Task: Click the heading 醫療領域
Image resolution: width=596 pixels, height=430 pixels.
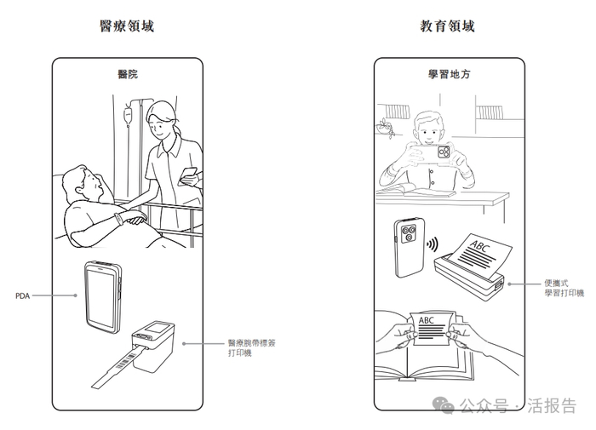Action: pos(128,26)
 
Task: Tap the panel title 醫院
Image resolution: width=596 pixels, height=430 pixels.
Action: pos(128,74)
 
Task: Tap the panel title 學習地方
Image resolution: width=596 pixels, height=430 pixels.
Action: pos(449,74)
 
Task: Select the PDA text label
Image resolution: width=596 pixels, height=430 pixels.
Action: pos(23,295)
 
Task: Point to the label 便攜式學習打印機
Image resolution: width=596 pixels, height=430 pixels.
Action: pos(564,287)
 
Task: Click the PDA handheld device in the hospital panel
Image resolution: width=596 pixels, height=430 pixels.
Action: pos(105,295)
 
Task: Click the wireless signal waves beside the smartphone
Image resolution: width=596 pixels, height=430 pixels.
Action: pos(433,244)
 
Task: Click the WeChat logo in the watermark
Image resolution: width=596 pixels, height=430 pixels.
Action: pos(446,405)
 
